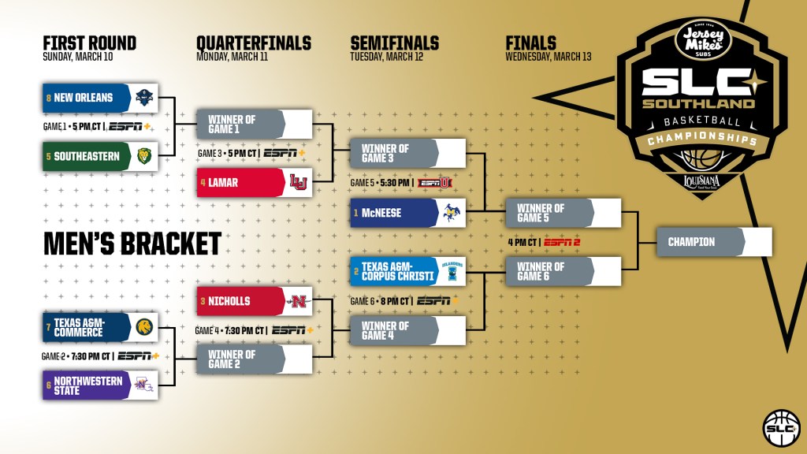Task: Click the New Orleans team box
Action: (x=101, y=98)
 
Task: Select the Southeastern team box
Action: (x=101, y=155)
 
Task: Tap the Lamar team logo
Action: (x=298, y=183)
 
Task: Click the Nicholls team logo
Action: (x=298, y=301)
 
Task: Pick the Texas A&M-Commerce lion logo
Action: (x=143, y=326)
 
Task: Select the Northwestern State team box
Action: (x=101, y=385)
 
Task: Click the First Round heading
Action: (x=89, y=43)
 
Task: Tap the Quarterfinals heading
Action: (x=253, y=43)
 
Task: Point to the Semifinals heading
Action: (x=394, y=43)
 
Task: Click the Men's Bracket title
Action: (x=132, y=244)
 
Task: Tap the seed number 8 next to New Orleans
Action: (x=48, y=98)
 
